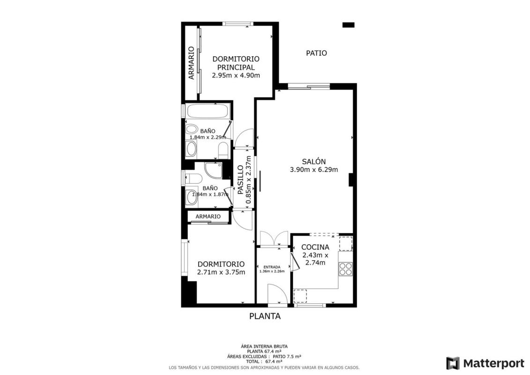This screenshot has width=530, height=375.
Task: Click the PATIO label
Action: point(316,53)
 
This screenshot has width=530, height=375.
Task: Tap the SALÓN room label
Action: point(314,162)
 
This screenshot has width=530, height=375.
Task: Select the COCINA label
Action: point(315,247)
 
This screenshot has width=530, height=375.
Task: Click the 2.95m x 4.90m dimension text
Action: point(236,75)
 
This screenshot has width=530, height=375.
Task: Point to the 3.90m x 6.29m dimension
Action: point(314,170)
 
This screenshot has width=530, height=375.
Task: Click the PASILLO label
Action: point(240,180)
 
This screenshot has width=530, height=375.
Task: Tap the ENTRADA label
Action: point(272,267)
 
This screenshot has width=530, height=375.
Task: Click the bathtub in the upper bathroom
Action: point(208,111)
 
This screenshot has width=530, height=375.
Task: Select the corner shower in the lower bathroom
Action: point(214,170)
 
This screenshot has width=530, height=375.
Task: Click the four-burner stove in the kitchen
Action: point(345,269)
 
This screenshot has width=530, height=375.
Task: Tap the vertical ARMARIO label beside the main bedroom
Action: point(192,63)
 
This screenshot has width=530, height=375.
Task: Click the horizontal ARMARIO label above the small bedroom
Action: point(208,217)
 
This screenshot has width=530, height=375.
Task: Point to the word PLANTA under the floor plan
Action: point(265,316)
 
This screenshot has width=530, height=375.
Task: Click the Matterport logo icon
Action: point(453,363)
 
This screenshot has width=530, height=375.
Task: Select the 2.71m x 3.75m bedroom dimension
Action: point(221,272)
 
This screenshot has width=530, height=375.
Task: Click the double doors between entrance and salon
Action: point(274,239)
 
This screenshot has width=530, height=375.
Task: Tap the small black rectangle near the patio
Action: point(348,25)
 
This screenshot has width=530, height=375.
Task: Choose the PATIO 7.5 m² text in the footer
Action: point(287,356)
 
